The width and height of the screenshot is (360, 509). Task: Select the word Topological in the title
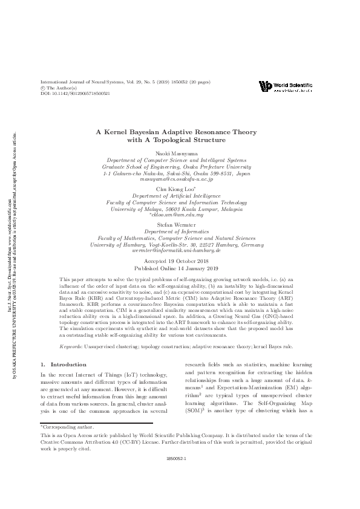[180, 140]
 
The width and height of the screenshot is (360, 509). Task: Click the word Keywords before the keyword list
[72, 346]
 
